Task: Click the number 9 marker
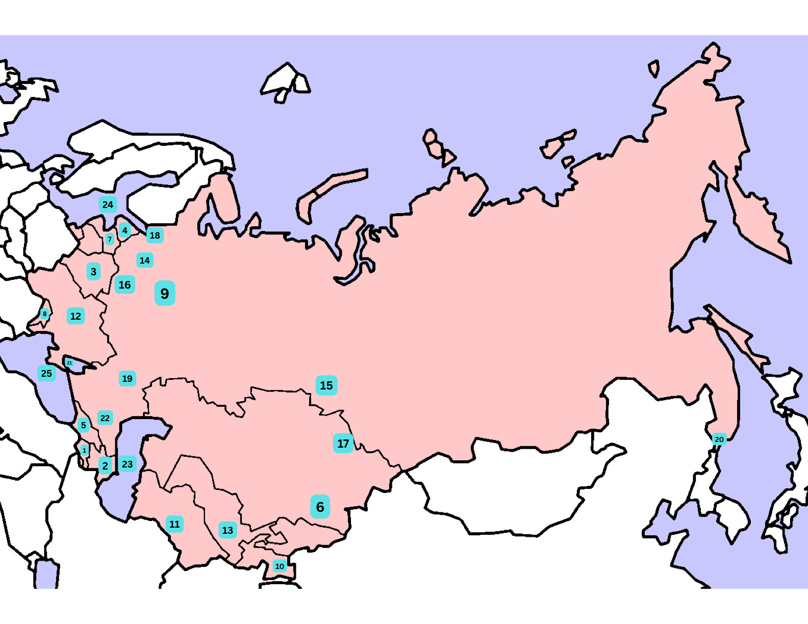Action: (x=165, y=293)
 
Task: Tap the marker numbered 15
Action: (x=326, y=385)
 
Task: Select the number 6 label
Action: (x=320, y=507)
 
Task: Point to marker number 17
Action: (x=343, y=444)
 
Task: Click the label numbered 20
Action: (x=719, y=439)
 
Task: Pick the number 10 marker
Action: (x=280, y=566)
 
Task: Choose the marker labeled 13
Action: (x=228, y=530)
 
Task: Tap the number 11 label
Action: (x=174, y=524)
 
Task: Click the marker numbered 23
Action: (x=128, y=464)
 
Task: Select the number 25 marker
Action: (x=46, y=373)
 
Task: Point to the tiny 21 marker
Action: (x=69, y=362)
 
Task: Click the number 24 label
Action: (x=108, y=204)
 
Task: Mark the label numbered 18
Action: (x=155, y=235)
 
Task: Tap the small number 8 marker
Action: (x=44, y=314)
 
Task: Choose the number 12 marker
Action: (x=75, y=316)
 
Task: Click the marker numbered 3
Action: (x=93, y=272)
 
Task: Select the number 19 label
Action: (x=128, y=378)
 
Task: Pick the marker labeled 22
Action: (x=105, y=418)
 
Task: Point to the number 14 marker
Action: (x=145, y=261)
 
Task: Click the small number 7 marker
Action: (x=109, y=239)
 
